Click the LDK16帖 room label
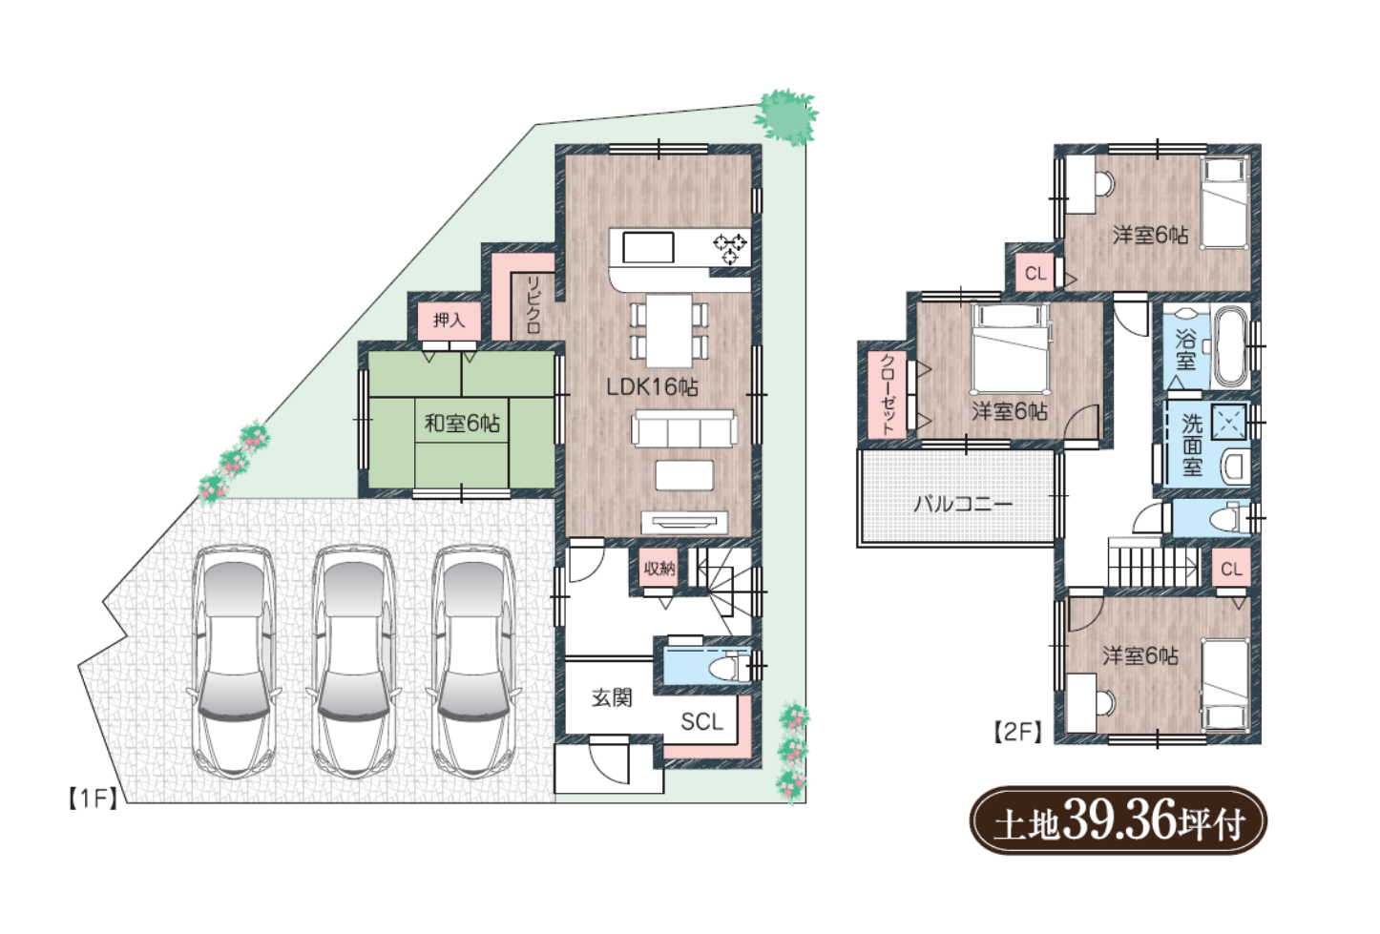[652, 386]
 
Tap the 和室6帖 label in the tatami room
[462, 423]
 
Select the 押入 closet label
[449, 320]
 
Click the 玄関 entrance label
[612, 697]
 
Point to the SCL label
[701, 721]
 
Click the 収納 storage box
[659, 568]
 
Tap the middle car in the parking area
[354, 662]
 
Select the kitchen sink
[648, 248]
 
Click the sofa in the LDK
[684, 428]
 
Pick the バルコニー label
[962, 505]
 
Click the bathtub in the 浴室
[1231, 346]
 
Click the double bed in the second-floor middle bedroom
[1011, 348]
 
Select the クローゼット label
[888, 394]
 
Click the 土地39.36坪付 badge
[1119, 820]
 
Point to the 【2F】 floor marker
[1017, 732]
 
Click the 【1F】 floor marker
[92, 799]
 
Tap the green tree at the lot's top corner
[786, 117]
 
